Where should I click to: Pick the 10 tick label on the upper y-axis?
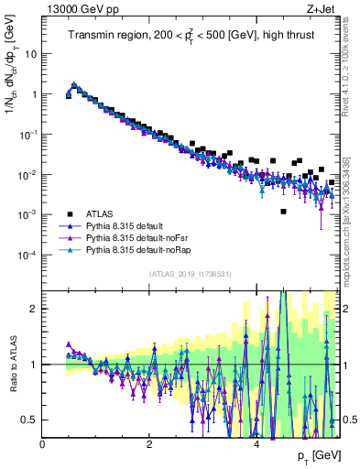click(30, 53)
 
